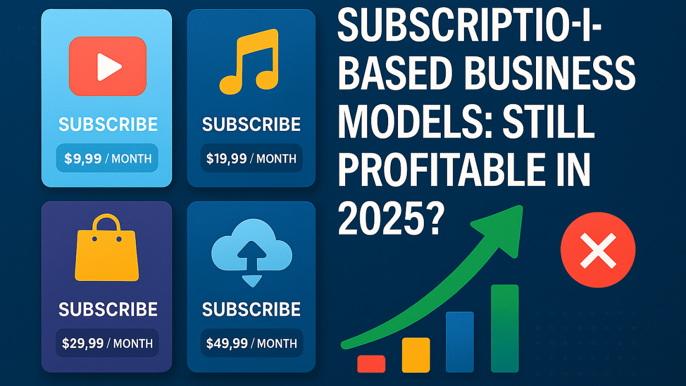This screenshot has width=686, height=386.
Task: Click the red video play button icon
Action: coord(108,66)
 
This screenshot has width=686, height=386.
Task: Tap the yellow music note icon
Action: coord(248,61)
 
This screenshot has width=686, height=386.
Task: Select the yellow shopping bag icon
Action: coord(107,247)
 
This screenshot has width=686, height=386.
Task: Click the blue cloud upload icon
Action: coord(252,252)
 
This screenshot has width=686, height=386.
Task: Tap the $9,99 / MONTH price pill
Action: coord(107,158)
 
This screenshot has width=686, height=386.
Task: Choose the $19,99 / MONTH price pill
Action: coord(251,158)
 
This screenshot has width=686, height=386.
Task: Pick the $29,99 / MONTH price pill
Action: coord(107,343)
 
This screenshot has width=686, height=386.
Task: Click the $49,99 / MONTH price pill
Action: coord(251,343)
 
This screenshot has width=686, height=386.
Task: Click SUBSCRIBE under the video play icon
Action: coord(108,124)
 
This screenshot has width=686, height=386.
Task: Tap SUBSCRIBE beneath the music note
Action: coord(251,124)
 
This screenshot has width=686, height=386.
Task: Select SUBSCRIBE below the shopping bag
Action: coord(108,309)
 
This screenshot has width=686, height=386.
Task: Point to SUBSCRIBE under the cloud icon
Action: coord(251,309)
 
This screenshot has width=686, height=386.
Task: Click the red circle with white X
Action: coord(598,250)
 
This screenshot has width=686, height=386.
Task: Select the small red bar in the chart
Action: coord(371,363)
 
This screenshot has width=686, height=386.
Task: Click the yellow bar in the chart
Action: coord(416,355)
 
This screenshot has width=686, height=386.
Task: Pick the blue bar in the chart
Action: coord(460,342)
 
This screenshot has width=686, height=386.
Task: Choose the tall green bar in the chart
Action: coord(505,328)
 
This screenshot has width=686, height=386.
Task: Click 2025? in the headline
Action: coord(391,219)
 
